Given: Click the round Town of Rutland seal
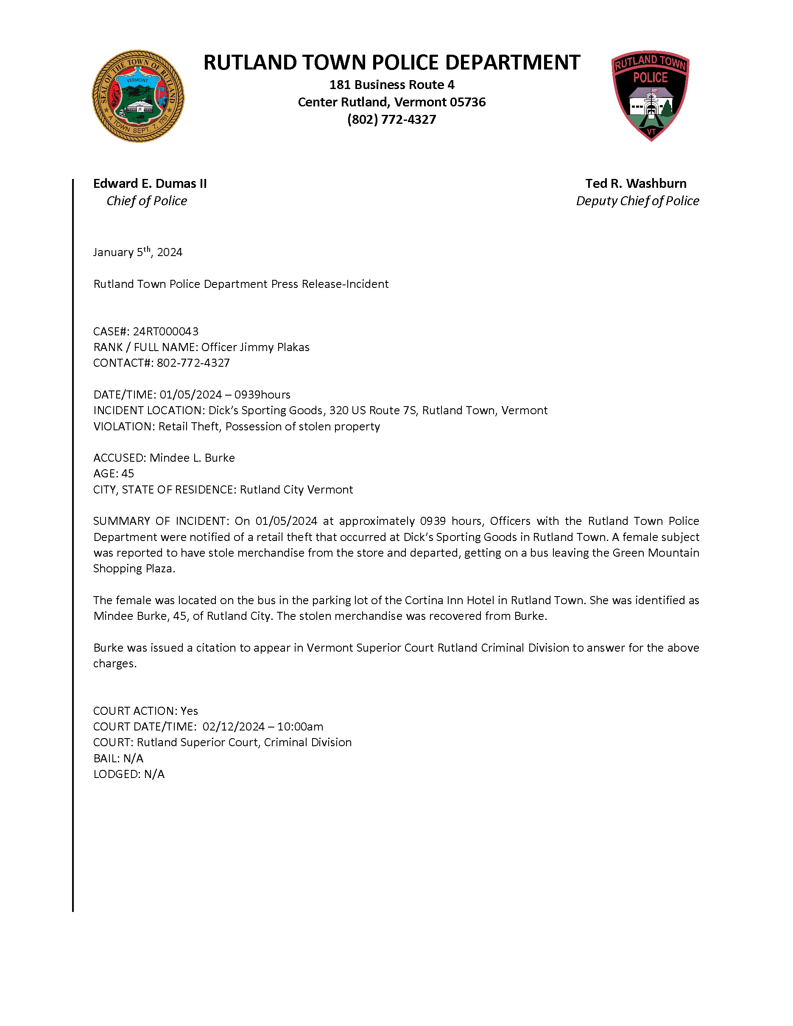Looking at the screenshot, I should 138,96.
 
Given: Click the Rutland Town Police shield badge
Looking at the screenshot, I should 650,96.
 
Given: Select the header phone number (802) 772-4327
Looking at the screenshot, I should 391,119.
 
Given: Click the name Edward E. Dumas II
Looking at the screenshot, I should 150,183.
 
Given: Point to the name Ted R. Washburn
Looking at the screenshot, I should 636,183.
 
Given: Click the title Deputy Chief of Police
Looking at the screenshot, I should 637,201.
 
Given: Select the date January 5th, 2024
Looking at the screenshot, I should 138,252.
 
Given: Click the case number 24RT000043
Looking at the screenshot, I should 165,332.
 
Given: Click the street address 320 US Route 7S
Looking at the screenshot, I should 373,410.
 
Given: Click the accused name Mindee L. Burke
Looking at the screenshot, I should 192,458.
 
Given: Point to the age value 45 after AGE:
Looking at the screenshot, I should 128,474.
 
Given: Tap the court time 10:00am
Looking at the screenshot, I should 300,727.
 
